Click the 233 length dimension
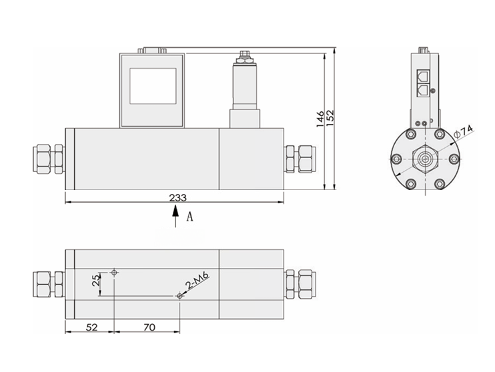pyautogui.click(x=177, y=197)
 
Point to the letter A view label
pyautogui.click(x=189, y=217)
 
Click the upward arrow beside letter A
pyautogui.click(x=175, y=216)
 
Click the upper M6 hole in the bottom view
pyautogui.click(x=115, y=273)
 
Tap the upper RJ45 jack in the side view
pyautogui.click(x=423, y=75)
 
